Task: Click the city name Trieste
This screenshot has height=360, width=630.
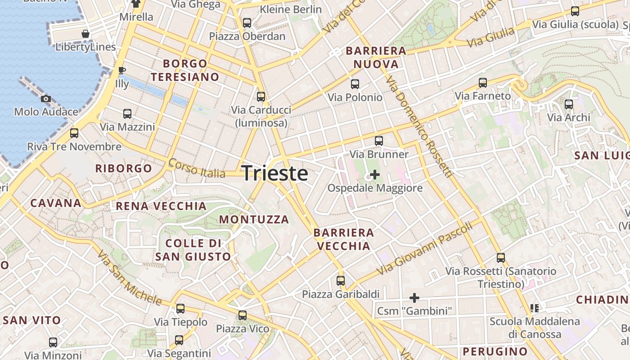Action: [x=275, y=174]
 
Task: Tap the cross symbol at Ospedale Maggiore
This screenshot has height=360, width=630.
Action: [x=374, y=175]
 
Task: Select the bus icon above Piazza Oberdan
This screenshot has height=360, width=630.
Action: [x=247, y=22]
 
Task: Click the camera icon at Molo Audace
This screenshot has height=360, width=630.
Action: [x=45, y=99]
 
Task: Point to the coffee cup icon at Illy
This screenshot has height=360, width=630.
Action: [x=121, y=70]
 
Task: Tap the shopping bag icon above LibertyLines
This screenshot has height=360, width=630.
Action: [x=85, y=34]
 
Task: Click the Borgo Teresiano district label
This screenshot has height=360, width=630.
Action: [x=185, y=70]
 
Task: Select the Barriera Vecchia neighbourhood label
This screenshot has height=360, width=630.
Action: [x=344, y=239]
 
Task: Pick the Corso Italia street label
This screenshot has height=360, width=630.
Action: [x=197, y=168]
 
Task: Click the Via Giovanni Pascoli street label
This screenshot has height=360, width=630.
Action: [x=425, y=248]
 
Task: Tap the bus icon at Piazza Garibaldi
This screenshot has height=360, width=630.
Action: [x=341, y=281]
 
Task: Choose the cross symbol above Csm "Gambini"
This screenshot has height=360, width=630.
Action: [x=414, y=298]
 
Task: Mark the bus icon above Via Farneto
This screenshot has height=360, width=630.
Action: [x=483, y=82]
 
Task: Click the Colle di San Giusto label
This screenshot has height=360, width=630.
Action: [x=193, y=250]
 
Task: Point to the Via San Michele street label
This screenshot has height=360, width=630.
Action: [x=129, y=277]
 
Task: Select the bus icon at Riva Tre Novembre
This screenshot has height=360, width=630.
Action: [x=74, y=133]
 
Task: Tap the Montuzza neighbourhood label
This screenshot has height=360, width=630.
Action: [x=254, y=220]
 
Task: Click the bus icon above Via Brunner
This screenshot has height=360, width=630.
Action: [x=379, y=141]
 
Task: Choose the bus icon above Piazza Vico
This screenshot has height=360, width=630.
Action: [x=243, y=315]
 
